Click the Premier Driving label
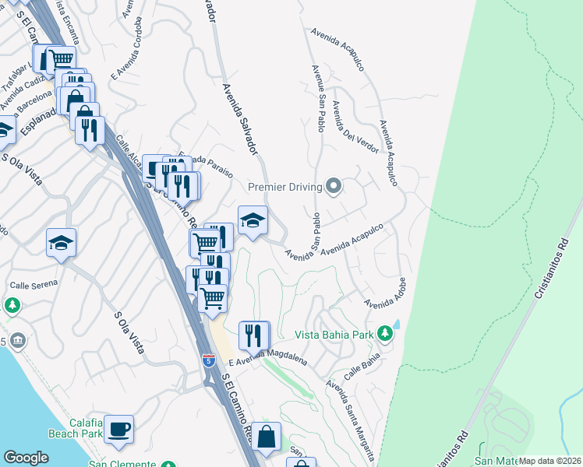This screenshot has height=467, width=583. [x=286, y=187]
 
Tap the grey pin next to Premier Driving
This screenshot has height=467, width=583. [x=334, y=186]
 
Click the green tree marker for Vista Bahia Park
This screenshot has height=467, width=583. [x=384, y=334]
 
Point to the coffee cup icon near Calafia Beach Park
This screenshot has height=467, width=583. [x=118, y=429]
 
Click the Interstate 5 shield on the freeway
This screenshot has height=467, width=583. [x=207, y=360]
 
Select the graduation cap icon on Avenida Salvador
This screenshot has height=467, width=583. [x=253, y=219]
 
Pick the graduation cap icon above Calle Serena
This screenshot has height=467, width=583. [x=61, y=243]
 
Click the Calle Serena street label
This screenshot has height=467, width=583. [x=34, y=284]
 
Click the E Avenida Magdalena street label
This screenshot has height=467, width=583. [x=268, y=358]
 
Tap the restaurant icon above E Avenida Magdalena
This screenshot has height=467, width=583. [x=254, y=335]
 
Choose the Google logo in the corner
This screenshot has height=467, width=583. [x=26, y=458]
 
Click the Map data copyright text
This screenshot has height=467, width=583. [x=550, y=461]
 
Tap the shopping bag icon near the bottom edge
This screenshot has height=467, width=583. [x=266, y=437]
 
